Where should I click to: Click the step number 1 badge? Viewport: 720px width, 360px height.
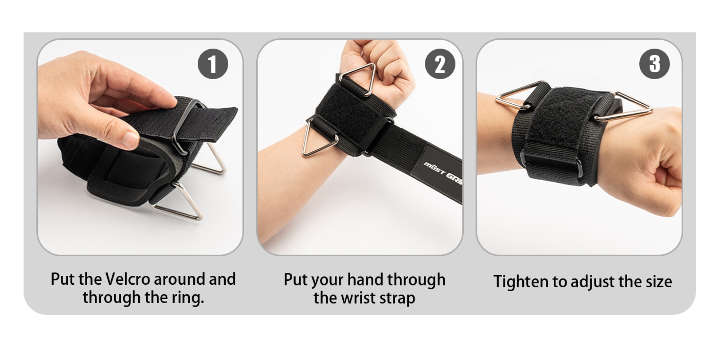coord(213,64)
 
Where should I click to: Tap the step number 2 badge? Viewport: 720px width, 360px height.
coord(440,64)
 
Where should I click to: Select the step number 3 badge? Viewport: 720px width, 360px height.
coord(654,64)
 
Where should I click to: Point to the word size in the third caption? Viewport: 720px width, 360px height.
coord(658,282)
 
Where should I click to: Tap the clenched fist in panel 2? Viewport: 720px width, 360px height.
coord(382,68)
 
